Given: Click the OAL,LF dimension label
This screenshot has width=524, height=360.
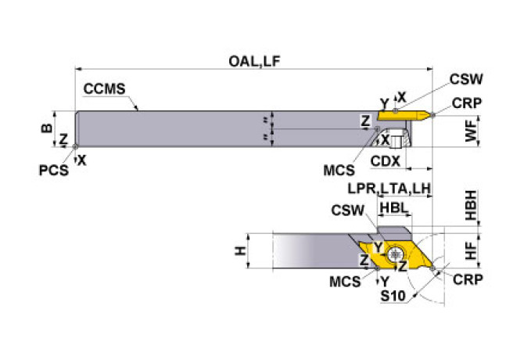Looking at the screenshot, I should tap(255, 59).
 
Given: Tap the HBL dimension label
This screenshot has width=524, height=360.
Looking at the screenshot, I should tap(393, 207).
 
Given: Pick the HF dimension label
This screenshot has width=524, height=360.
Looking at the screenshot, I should tap(470, 251).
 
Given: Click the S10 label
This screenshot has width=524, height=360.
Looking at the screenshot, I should tap(392, 296).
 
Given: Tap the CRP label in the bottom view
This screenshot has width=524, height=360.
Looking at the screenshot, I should tap(468, 279).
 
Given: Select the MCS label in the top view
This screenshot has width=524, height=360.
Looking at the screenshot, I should tap(339, 168).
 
